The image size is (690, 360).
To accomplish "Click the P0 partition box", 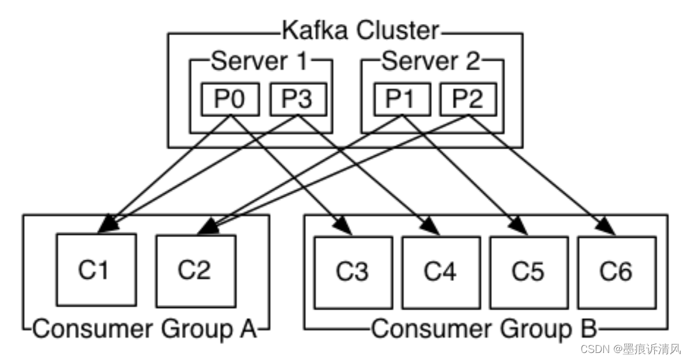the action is tap(230, 100).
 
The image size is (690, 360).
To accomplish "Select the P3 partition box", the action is tap(298, 100).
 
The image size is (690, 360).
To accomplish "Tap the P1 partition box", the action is tap(402, 100).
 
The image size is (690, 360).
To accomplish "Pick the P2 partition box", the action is tap(468, 100).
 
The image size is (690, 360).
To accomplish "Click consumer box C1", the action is tap(97, 270).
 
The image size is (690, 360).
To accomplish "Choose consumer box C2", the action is tap(196, 271).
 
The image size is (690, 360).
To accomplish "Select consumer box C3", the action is tap(353, 273).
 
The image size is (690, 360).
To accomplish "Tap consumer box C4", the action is tap(441, 273).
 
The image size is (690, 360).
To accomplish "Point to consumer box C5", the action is tap(529, 273).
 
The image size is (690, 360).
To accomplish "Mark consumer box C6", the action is tap(617, 273).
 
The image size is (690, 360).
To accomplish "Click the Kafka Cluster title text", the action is tap(360, 31).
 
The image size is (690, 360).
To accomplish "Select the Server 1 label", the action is tap(259, 61).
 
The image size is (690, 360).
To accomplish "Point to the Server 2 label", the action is tap(431, 61).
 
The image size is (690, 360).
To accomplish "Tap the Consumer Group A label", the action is tap(145, 329).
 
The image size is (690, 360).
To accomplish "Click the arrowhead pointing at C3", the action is tap(344, 226).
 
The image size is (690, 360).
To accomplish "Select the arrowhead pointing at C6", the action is tap(607, 226).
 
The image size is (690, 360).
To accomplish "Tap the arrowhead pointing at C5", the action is tap(519, 226).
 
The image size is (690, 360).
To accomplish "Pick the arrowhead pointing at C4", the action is tap(431, 226).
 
